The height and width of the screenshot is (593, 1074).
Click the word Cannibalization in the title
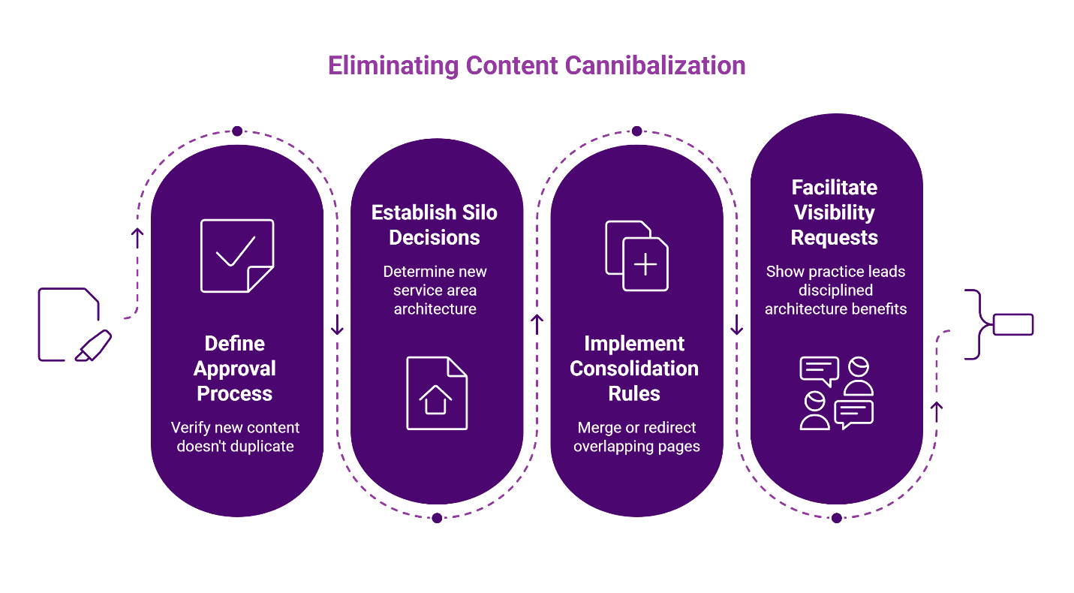pos(654,66)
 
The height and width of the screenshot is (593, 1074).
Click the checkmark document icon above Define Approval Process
pos(237,255)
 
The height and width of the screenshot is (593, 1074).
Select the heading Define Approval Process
pos(235,369)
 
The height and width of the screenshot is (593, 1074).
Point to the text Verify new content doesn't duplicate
pos(235,437)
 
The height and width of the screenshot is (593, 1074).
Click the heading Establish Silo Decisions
pos(435,225)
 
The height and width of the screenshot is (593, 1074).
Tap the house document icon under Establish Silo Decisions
pos(437,393)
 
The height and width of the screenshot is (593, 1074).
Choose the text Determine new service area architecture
pos(435,290)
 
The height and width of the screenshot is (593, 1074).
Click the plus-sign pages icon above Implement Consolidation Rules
pos(636,255)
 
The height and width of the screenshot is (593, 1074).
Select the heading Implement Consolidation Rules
pos(634,369)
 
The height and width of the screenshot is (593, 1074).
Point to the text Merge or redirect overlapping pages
pos(636,437)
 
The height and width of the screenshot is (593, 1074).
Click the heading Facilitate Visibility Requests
pos(835,212)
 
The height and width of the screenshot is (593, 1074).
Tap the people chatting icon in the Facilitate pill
pos(836,393)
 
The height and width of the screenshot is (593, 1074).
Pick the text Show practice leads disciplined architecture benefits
pos(836,290)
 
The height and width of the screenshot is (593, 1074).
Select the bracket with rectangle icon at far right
pos(1000,324)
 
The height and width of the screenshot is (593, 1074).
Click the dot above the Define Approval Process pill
pos(237,131)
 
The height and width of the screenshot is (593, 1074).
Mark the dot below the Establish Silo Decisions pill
pos(437,517)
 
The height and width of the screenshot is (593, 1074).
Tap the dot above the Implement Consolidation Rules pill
pos(636,131)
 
